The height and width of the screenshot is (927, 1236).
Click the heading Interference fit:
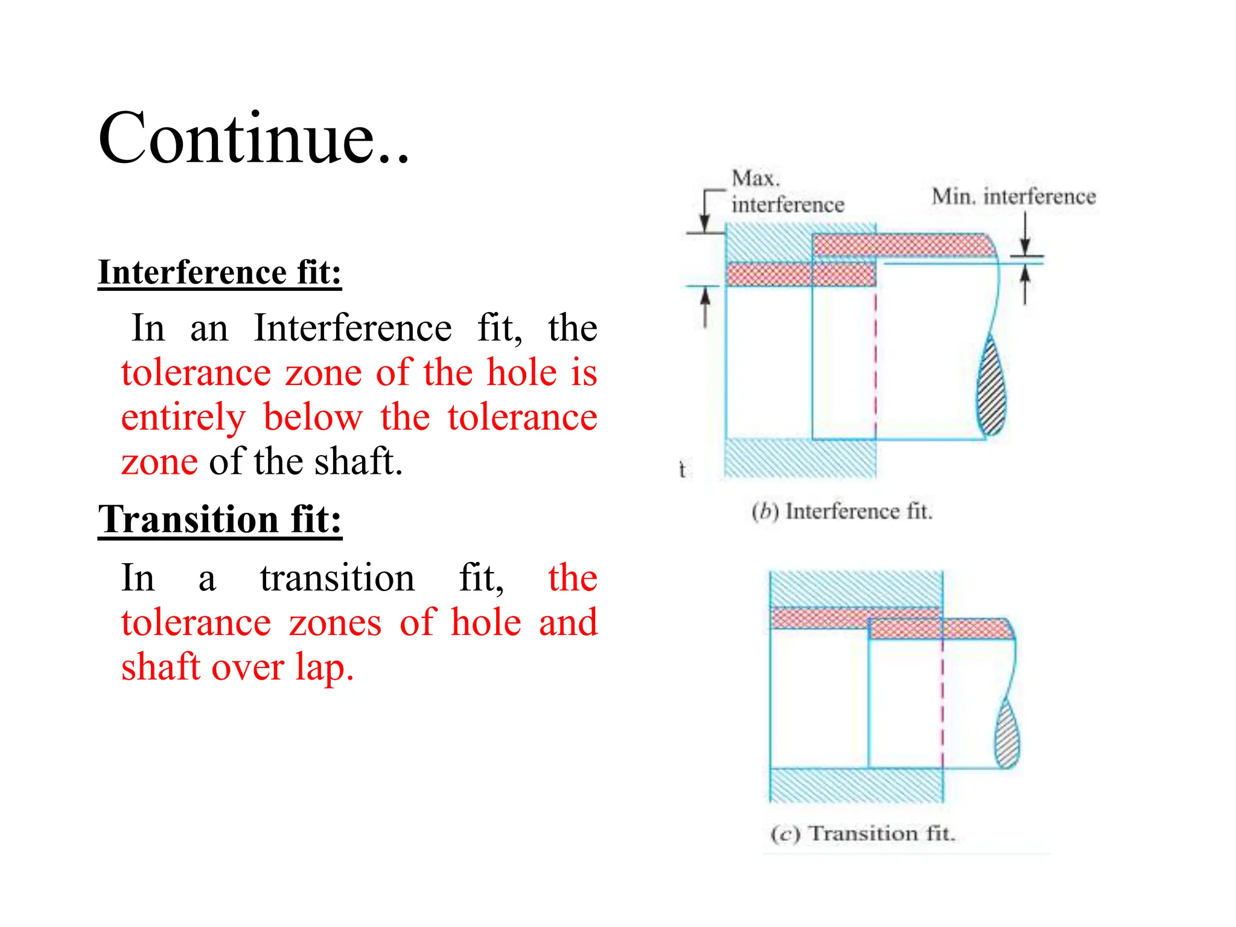pyautogui.click(x=220, y=272)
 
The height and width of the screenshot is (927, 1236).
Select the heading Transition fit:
pyautogui.click(x=220, y=519)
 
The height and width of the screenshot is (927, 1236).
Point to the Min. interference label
pyautogui.click(x=1013, y=197)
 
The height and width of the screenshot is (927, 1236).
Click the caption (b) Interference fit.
pyautogui.click(x=842, y=512)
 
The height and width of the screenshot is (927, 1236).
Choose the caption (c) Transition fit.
pyautogui.click(x=863, y=834)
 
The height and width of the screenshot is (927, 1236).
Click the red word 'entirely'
pyautogui.click(x=183, y=418)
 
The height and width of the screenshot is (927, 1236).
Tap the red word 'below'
pyautogui.click(x=313, y=418)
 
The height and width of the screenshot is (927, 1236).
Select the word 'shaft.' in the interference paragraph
pyautogui.click(x=358, y=462)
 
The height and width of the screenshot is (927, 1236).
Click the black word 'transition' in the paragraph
pyautogui.click(x=337, y=578)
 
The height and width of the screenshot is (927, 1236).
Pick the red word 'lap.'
pyautogui.click(x=324, y=667)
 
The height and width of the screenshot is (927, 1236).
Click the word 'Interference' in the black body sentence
pyautogui.click(x=352, y=328)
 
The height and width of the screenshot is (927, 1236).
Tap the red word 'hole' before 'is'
pyautogui.click(x=521, y=372)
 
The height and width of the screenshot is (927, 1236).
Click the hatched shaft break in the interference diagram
pyautogui.click(x=992, y=386)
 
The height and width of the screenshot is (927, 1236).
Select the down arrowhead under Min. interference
pyautogui.click(x=1025, y=247)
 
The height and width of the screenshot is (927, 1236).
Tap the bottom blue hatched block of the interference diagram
pyautogui.click(x=800, y=459)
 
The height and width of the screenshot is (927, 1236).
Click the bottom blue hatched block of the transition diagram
pyautogui.click(x=856, y=785)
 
